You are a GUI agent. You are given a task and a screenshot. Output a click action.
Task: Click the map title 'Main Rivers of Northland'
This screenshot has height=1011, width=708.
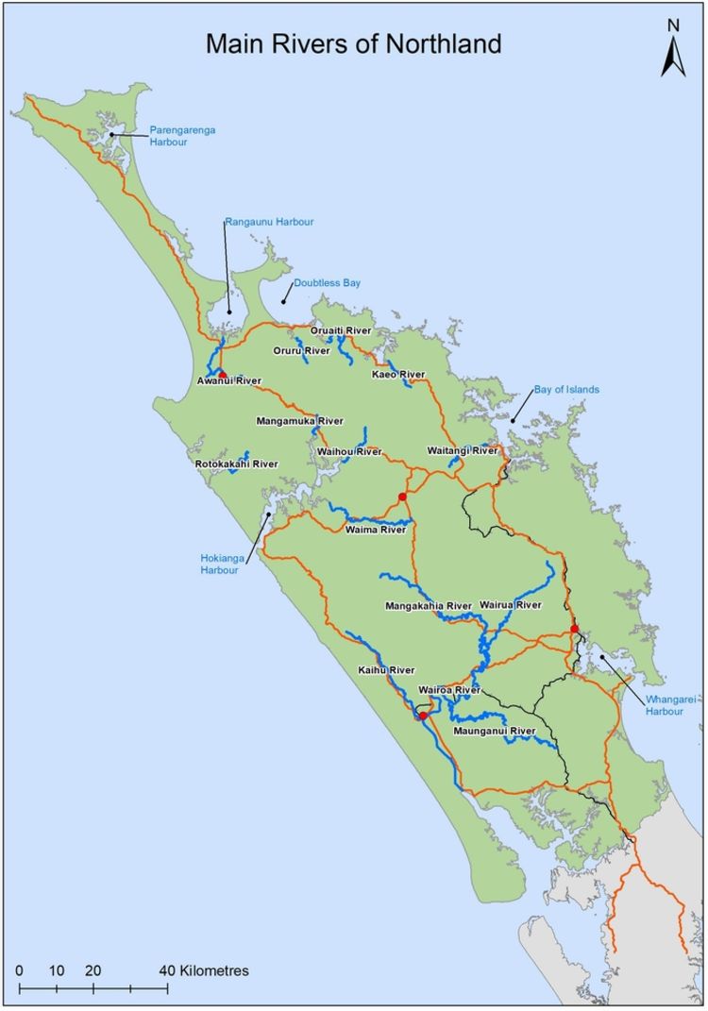click(354, 43)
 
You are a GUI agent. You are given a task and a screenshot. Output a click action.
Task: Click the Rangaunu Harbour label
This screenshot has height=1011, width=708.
click(269, 222)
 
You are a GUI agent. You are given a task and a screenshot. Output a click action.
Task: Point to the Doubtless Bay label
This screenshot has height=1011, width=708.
click(327, 282)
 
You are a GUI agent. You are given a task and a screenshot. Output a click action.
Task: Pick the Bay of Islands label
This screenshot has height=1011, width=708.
click(566, 389)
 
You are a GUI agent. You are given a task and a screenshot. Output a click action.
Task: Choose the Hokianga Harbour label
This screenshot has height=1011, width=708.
click(223, 564)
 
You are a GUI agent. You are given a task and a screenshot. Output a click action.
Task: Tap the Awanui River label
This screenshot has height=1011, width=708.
click(228, 381)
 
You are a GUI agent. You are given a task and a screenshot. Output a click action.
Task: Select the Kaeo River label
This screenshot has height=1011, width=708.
click(398, 375)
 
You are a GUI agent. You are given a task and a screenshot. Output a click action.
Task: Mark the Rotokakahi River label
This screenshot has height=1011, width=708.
click(237, 464)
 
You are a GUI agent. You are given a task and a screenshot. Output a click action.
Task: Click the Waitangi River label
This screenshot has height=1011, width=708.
click(462, 451)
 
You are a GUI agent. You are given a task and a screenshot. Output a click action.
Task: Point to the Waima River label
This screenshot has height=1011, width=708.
click(376, 530)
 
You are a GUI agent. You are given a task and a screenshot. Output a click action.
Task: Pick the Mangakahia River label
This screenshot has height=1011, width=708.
click(429, 605)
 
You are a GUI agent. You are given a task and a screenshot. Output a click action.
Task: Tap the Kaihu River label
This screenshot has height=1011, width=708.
click(386, 669)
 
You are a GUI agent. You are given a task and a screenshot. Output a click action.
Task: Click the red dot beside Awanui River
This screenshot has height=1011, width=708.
click(223, 375)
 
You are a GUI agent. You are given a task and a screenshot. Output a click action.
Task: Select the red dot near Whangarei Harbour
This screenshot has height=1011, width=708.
click(574, 629)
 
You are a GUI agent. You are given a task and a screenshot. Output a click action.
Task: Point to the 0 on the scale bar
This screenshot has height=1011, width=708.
click(20, 970)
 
